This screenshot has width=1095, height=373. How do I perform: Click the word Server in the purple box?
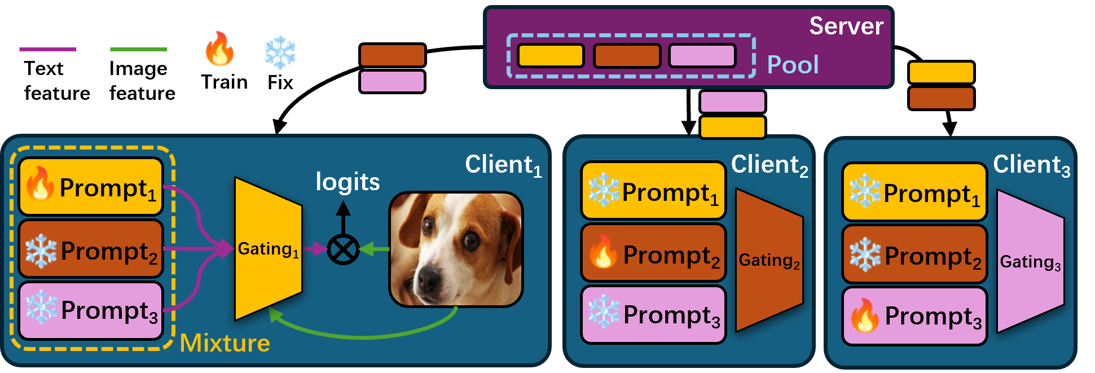click(846, 27)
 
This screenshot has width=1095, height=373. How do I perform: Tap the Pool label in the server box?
click(793, 65)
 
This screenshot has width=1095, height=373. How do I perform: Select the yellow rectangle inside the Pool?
click(550, 56)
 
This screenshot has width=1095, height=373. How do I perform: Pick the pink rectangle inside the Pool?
click(702, 56)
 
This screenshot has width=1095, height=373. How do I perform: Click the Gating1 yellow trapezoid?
click(268, 249)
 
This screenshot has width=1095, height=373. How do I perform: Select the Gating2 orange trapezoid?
click(769, 260)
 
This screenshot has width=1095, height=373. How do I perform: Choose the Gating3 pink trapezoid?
click(1030, 262)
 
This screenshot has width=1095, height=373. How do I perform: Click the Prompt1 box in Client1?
click(91, 187)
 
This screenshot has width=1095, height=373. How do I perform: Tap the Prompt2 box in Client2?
click(653, 253)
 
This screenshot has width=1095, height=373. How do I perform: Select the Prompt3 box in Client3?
click(914, 315)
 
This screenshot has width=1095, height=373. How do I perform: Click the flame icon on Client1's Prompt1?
click(39, 184)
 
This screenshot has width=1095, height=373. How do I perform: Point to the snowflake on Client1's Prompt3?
click(41, 308)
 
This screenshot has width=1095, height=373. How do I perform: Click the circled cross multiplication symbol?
click(343, 249)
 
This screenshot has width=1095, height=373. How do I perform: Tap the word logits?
click(348, 182)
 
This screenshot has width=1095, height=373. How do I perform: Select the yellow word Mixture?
click(225, 343)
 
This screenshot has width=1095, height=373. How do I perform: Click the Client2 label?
click(769, 165)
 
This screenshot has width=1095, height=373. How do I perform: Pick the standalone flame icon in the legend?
click(219, 49)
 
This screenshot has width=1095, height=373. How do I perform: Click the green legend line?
click(139, 50)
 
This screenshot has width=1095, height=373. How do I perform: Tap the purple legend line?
click(48, 50)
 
